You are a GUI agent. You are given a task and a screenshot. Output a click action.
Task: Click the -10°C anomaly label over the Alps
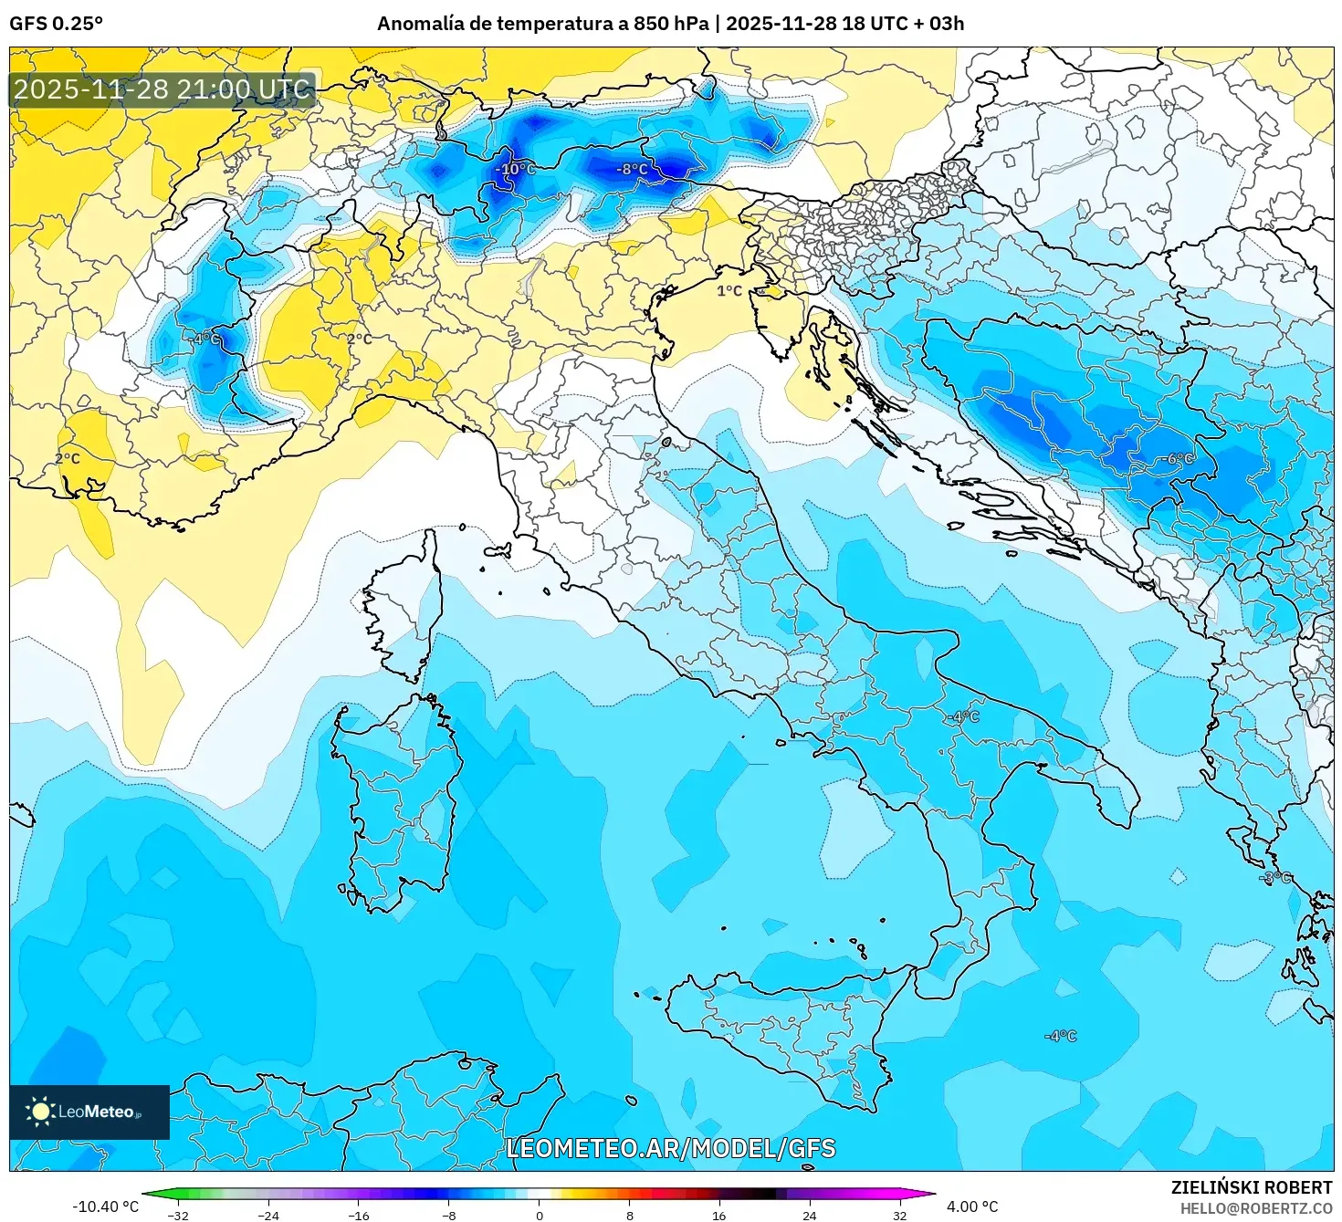pos(516,169)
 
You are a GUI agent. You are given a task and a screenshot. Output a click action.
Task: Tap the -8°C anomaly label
pos(632,169)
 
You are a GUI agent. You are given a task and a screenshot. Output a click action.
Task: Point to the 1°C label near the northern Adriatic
pos(729,290)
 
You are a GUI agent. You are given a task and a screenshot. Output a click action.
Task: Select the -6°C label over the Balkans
pos(1179,458)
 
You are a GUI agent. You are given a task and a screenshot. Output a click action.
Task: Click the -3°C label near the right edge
pos(1275,877)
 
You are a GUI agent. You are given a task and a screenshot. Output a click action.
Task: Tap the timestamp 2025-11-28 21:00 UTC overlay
pos(163,89)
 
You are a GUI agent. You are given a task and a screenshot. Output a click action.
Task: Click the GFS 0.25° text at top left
pos(56,24)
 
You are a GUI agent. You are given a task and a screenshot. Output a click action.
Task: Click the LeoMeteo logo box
pos(89,1112)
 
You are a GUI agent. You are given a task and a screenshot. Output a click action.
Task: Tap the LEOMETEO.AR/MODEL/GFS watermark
pos(671,1148)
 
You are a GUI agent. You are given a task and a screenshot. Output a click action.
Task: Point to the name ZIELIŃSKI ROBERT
pos(1252,1187)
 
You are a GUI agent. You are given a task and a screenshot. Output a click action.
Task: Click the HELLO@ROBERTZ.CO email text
pos(1256,1208)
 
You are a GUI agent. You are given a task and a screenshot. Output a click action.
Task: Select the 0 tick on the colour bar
pos(540,1215)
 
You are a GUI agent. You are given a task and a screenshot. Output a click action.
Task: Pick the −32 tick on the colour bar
pos(178,1215)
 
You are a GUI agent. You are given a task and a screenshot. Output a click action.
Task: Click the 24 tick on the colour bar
pos(810,1215)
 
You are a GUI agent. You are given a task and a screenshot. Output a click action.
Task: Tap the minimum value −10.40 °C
pos(106,1206)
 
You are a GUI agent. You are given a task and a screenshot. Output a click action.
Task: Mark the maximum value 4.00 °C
pos(972,1206)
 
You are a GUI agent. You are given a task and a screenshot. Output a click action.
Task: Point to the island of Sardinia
pos(397,803)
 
